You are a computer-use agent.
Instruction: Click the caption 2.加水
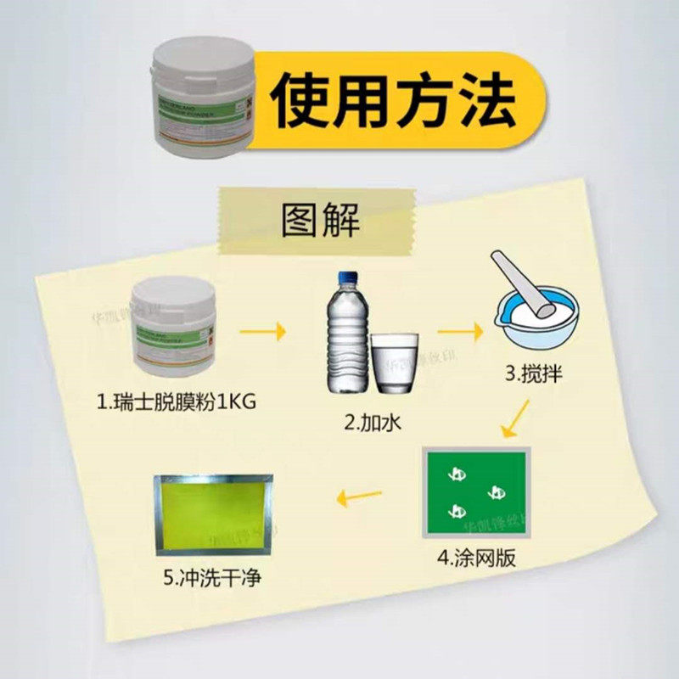pyautogui.click(x=371, y=423)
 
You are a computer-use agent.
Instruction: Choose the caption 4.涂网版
pyautogui.click(x=477, y=558)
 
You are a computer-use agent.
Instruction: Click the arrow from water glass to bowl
pyautogui.click(x=458, y=329)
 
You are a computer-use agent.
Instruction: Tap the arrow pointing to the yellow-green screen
pyautogui.click(x=358, y=497)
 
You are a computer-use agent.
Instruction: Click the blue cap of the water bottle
pyautogui.click(x=347, y=278)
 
